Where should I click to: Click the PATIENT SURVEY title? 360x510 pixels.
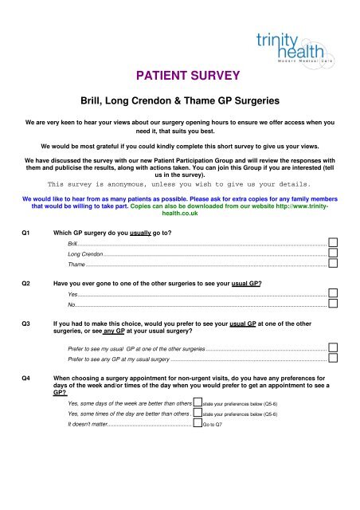180,77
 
